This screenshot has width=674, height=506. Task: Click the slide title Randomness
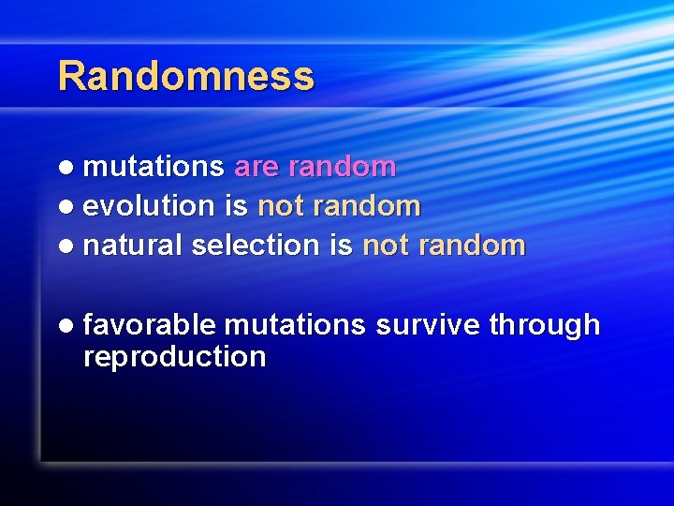[x=185, y=76]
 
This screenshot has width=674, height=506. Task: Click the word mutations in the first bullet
[x=154, y=167]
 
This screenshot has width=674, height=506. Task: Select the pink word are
[x=256, y=167]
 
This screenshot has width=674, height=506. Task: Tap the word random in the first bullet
[x=342, y=167]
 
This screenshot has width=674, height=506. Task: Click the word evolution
[x=149, y=206]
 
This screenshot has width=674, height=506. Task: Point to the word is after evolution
[x=235, y=205]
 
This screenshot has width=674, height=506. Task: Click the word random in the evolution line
[x=366, y=206]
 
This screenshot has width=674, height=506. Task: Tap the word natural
[x=133, y=246]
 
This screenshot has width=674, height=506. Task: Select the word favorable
[x=149, y=325]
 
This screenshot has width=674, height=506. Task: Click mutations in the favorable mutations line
[x=295, y=325]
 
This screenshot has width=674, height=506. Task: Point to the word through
[x=544, y=326]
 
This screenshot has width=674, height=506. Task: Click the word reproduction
[x=174, y=357]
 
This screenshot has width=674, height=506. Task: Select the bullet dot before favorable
[x=65, y=326]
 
